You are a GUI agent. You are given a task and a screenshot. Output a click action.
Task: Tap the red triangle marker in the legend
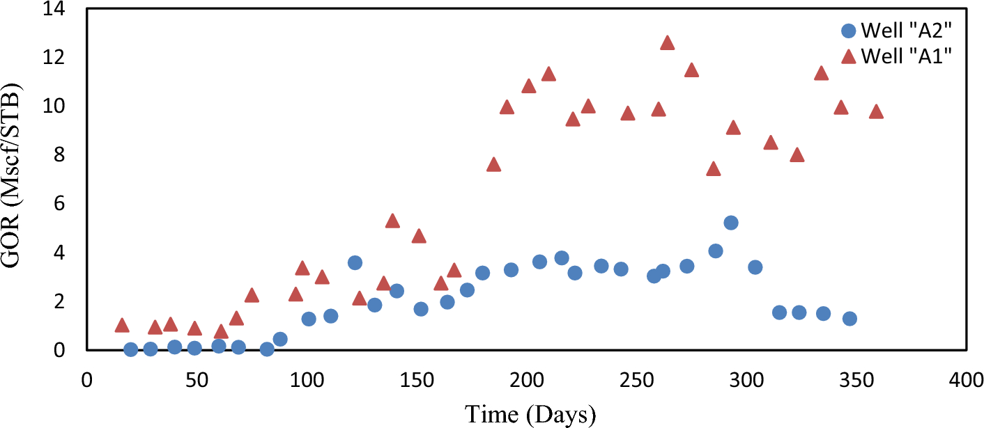[x=848, y=56]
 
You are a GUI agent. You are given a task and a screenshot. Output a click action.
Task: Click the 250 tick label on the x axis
[x=636, y=381]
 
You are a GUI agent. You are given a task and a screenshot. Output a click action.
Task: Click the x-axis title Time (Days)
[x=531, y=414]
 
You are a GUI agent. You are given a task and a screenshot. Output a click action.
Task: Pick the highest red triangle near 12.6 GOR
[x=667, y=43]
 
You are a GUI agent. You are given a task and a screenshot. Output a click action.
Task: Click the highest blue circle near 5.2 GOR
[x=730, y=223]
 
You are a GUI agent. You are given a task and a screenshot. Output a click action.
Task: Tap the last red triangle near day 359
[x=876, y=112]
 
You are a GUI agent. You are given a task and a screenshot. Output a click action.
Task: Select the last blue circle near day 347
[x=849, y=319]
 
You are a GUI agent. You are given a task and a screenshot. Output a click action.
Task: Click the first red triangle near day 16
[x=122, y=325]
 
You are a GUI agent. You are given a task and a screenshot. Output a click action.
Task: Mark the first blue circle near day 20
[x=130, y=349]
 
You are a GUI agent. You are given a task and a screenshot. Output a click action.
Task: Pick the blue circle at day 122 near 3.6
[x=355, y=262]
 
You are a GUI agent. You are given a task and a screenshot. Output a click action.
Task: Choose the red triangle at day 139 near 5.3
[x=392, y=221]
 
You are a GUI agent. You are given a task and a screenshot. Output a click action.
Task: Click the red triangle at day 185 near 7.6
[x=493, y=164]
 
